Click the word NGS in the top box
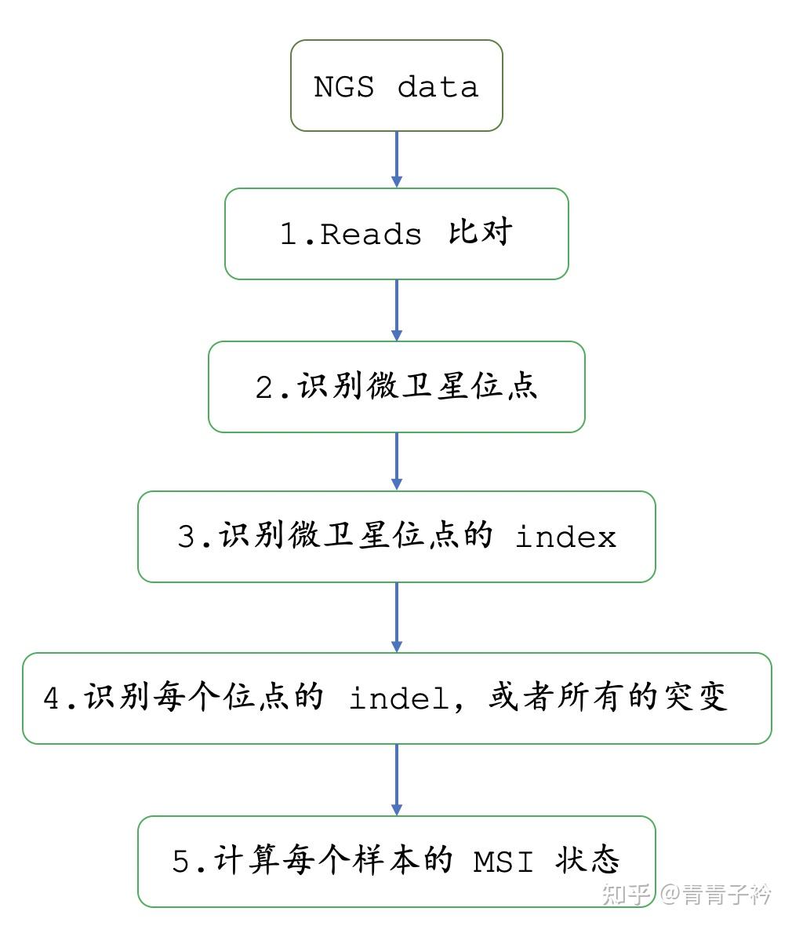coord(343,86)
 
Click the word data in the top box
coord(438,86)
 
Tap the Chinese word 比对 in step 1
coord(480,232)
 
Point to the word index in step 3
coord(565,538)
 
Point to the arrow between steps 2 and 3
coord(396,461)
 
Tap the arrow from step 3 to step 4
coord(396,617)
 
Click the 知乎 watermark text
coord(626,894)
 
